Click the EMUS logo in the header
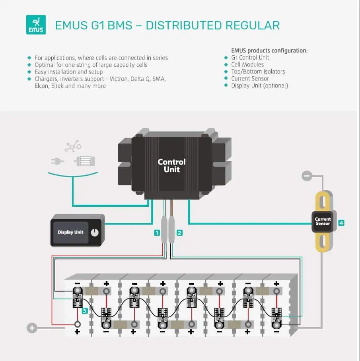click(x=36, y=25)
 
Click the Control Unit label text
click(x=171, y=165)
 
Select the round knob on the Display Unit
click(x=94, y=233)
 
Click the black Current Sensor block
click(x=323, y=221)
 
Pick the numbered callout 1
click(x=158, y=233)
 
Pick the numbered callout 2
click(x=180, y=233)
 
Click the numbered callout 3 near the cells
click(x=85, y=311)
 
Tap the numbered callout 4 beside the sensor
click(x=341, y=223)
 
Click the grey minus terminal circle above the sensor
click(x=306, y=175)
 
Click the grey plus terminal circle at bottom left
click(x=32, y=328)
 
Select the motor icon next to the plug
click(x=84, y=161)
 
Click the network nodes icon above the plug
click(x=73, y=146)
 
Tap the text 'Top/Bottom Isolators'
click(x=258, y=72)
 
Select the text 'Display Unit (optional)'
click(x=259, y=85)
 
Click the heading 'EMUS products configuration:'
click(x=269, y=50)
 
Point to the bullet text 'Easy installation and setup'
click(x=68, y=72)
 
